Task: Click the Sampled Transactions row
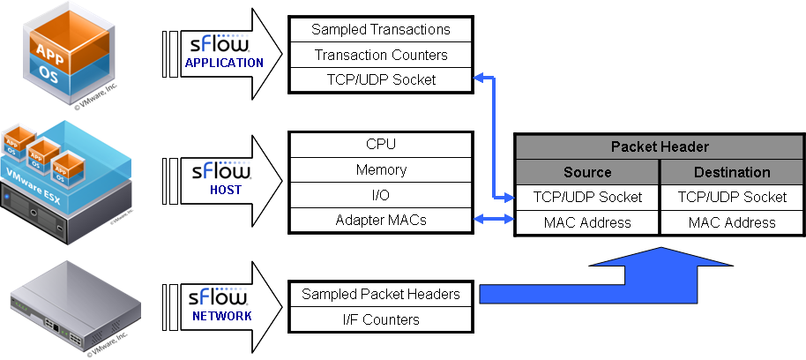click(x=381, y=29)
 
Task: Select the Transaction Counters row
click(x=381, y=55)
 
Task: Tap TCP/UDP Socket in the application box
click(x=381, y=80)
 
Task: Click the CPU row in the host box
click(x=381, y=144)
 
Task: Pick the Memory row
click(x=381, y=169)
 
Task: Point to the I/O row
click(x=381, y=195)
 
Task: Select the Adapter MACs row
click(x=381, y=221)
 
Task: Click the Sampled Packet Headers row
click(x=381, y=294)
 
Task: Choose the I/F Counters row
click(x=381, y=319)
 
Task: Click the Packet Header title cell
click(x=660, y=146)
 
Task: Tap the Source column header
click(x=587, y=172)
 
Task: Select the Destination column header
click(x=732, y=172)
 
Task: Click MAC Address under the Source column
click(x=587, y=222)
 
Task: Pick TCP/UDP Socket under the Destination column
click(x=732, y=197)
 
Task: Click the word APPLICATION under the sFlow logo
click(x=224, y=63)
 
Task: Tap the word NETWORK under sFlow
click(x=221, y=315)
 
